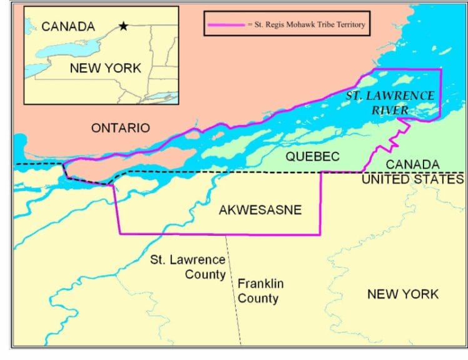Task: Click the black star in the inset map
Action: point(123,26)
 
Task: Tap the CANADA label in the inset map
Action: point(68,27)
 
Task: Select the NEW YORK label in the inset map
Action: point(105,67)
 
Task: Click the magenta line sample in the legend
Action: point(225,26)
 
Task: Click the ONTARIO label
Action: point(121,128)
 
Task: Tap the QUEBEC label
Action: point(313,156)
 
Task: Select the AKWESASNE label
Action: point(260,210)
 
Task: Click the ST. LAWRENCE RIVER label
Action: point(390,102)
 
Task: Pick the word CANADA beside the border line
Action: point(412,164)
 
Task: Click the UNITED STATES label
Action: point(413,179)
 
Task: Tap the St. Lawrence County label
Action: point(187,267)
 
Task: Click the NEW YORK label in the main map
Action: point(403,294)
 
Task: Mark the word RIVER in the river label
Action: point(390,110)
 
